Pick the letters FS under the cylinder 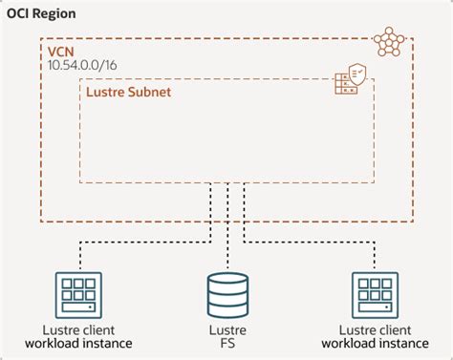click(x=227, y=343)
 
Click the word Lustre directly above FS click(x=227, y=329)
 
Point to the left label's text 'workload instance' click(x=78, y=344)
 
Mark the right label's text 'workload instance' click(x=375, y=344)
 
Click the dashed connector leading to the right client click(x=315, y=244)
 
